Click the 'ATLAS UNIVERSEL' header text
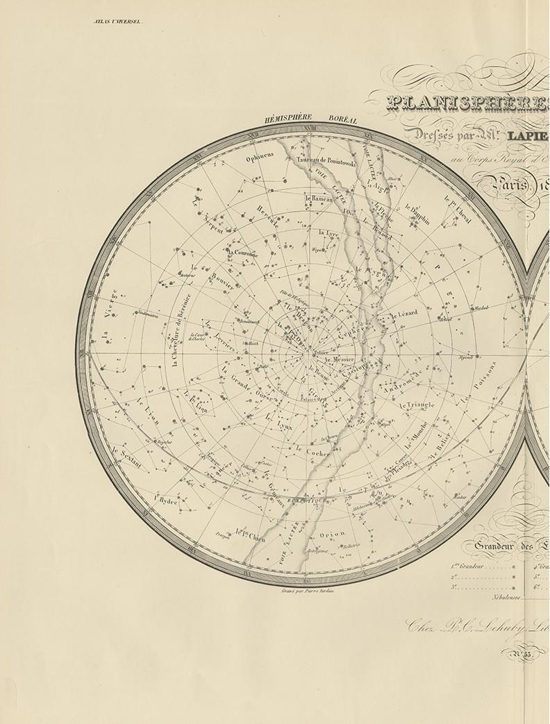point(117,22)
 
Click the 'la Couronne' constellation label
point(242,253)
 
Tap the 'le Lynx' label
point(260,422)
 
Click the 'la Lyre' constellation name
point(328,233)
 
